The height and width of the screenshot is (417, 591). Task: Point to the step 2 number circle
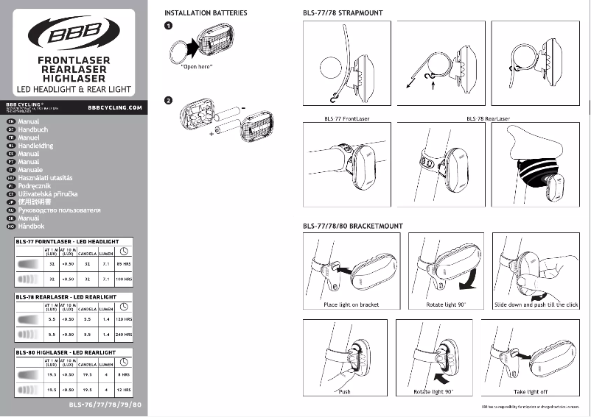pyautogui.click(x=169, y=100)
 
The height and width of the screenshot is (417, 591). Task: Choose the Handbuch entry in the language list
pyautogui.click(x=32, y=129)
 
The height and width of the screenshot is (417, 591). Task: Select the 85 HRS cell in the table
pyautogui.click(x=123, y=262)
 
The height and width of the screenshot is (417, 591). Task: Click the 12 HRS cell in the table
pyautogui.click(x=123, y=390)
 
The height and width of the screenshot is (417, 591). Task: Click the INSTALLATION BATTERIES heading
pyautogui.click(x=206, y=13)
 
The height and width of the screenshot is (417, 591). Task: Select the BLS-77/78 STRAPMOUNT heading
pyautogui.click(x=343, y=13)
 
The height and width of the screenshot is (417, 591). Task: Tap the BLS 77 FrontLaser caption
pyautogui.click(x=346, y=118)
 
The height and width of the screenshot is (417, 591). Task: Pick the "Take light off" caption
pyautogui.click(x=531, y=392)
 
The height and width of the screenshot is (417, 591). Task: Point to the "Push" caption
pyautogui.click(x=345, y=392)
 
